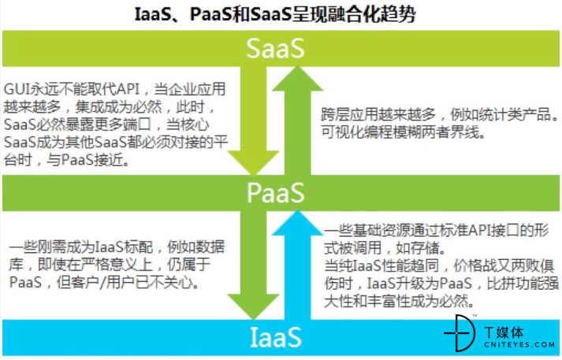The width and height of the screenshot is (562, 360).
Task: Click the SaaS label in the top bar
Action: coord(275,48)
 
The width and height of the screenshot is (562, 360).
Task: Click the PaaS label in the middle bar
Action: coord(275,193)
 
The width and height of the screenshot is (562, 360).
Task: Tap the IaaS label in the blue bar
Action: coord(275,337)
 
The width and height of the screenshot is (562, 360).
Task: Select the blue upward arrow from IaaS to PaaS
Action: coord(297,265)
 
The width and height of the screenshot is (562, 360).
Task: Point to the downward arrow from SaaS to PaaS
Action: coord(253,121)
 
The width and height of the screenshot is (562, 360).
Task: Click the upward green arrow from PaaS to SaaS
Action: coord(297,121)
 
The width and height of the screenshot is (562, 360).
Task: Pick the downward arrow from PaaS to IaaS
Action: coord(253,265)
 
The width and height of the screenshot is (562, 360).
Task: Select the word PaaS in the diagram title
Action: coord(211,15)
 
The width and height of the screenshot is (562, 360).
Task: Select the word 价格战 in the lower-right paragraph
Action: coord(475,265)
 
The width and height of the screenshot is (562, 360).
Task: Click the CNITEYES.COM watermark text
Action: coord(519,345)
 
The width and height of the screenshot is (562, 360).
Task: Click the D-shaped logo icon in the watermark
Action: coord(460,333)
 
